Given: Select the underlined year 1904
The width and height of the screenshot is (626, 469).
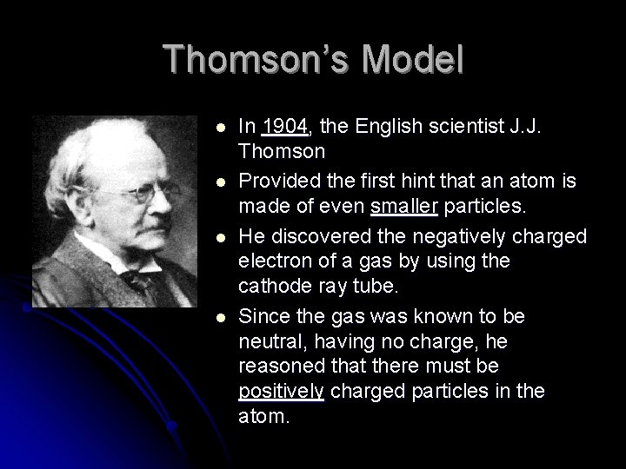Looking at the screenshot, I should point(285,128).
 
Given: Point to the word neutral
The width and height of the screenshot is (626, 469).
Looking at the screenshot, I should point(267,342).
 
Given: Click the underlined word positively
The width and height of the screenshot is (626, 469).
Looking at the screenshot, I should point(281,392).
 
